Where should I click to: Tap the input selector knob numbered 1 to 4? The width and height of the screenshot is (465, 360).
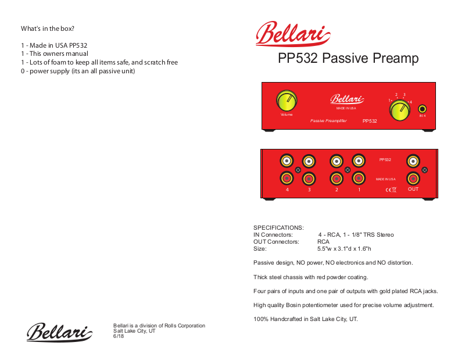pos(399,111)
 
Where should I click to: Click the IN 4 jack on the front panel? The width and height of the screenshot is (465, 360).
pos(423,108)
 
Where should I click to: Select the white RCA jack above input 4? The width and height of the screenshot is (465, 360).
pos(287,161)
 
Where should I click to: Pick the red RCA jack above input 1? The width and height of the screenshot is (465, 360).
pos(359,179)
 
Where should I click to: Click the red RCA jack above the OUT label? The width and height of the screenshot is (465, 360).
pos(413,179)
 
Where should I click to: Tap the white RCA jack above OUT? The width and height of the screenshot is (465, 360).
pos(413,161)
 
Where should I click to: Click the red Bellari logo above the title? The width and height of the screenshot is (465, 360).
pos(292,34)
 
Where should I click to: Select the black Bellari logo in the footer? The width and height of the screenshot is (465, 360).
pos(59,332)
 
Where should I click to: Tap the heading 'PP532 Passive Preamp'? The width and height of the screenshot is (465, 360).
pos(348,58)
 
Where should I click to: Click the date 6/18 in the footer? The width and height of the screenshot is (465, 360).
pos(119,336)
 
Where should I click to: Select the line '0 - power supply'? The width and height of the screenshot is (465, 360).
pos(78,71)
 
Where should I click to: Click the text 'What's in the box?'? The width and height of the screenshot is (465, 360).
pos(48,28)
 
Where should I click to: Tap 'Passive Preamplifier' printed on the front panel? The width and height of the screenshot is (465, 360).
pos(328,120)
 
